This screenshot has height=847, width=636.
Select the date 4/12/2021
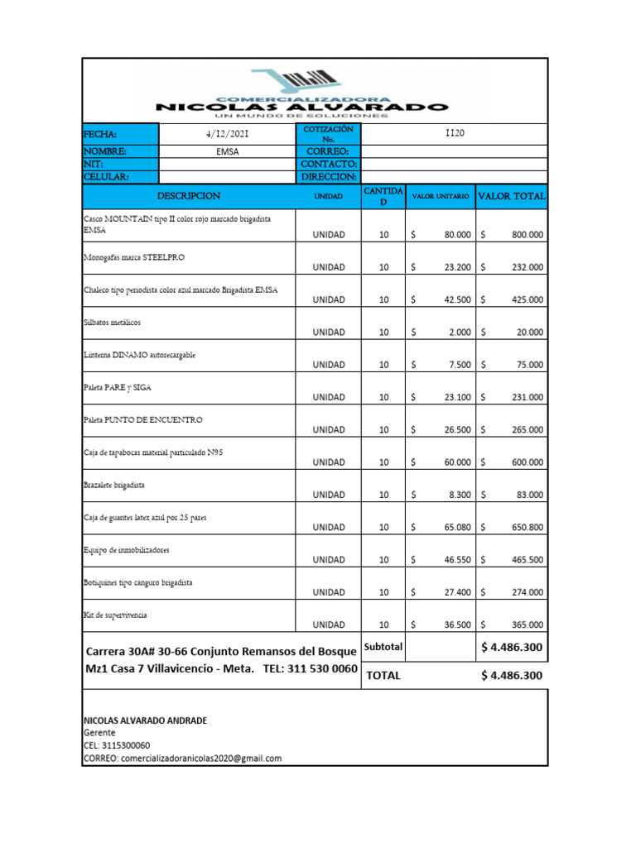click(226, 134)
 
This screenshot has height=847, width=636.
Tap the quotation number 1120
click(455, 133)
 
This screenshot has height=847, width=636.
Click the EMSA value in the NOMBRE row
click(226, 152)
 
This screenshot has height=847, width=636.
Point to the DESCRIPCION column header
click(189, 196)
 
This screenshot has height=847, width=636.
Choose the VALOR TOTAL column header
click(512, 197)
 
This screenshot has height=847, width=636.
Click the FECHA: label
click(100, 134)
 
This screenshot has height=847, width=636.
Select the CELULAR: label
click(106, 176)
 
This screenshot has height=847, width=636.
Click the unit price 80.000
click(457, 235)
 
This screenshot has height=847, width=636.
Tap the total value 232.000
click(528, 267)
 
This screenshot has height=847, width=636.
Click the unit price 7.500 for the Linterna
click(459, 365)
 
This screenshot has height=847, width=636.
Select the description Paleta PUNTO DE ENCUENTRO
click(143, 420)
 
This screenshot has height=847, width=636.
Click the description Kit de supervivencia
click(116, 615)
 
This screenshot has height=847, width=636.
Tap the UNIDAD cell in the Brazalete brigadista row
click(329, 495)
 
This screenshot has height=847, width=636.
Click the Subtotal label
click(383, 647)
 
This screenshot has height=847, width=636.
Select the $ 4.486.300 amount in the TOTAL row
click(512, 675)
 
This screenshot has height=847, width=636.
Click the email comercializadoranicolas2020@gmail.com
click(182, 758)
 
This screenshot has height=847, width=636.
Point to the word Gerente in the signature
click(99, 733)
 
